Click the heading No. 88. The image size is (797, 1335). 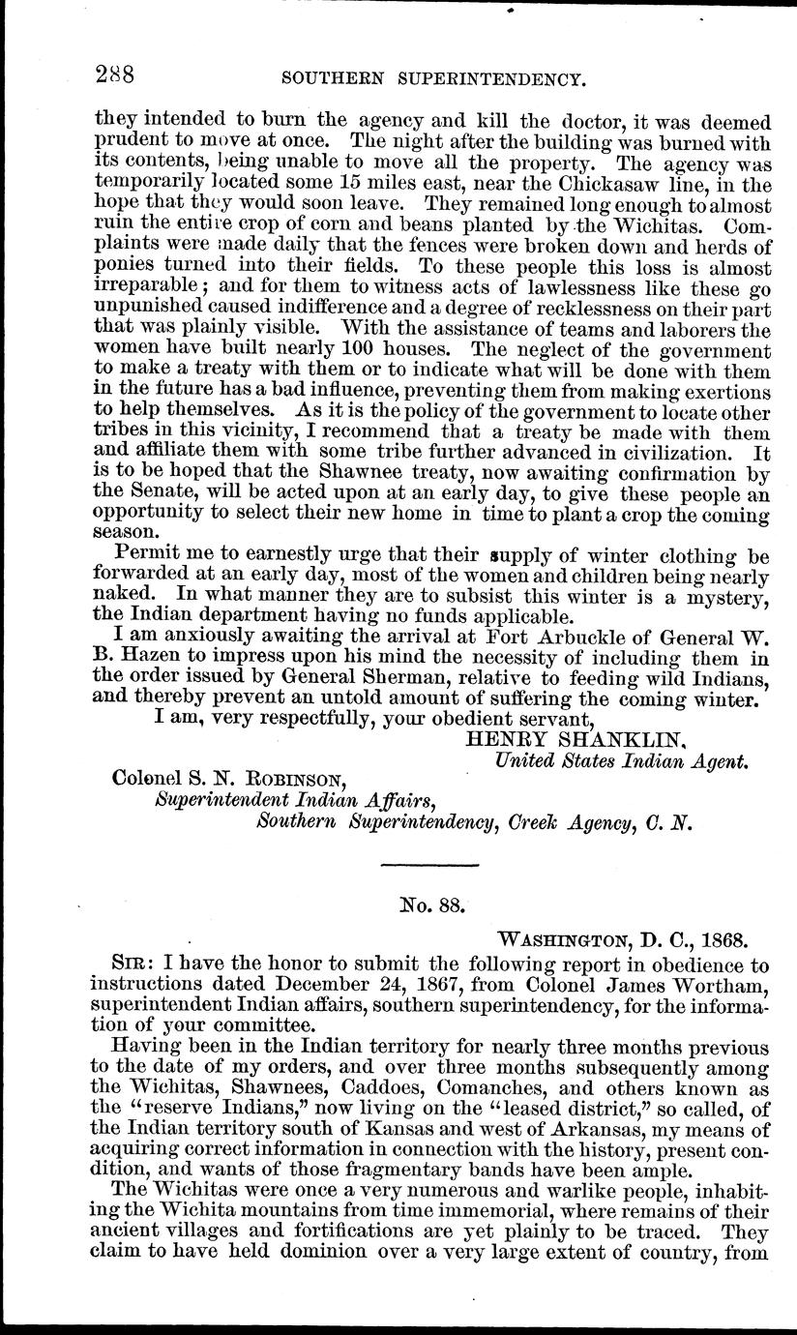pyautogui.click(x=433, y=906)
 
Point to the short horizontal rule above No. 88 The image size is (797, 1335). pyautogui.click(x=431, y=863)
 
